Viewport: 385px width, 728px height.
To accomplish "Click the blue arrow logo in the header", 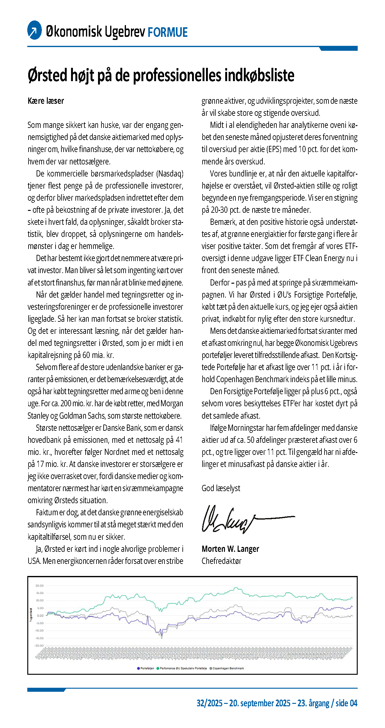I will click(x=34, y=30).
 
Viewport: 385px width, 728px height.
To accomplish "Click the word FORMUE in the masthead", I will click(x=168, y=32).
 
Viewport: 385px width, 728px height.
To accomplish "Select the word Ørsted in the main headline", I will click(x=47, y=75).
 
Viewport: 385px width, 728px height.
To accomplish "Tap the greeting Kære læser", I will click(x=46, y=101).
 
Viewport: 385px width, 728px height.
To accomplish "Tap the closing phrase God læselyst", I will click(x=221, y=488).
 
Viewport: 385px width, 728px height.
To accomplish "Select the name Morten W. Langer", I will click(x=230, y=549).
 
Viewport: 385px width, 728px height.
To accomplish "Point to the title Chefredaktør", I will click(x=221, y=561).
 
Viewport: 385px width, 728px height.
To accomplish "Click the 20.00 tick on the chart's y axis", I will click(x=40, y=586).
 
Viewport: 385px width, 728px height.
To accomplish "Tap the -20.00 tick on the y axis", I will click(x=39, y=646).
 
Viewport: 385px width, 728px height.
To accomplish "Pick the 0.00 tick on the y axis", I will click(x=41, y=616).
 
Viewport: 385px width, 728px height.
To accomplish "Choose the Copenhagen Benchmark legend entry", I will click(x=227, y=668).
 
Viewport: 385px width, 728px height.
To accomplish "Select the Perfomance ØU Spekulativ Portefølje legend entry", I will click(x=182, y=668).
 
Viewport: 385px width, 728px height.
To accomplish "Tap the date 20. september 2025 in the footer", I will click(x=260, y=703).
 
